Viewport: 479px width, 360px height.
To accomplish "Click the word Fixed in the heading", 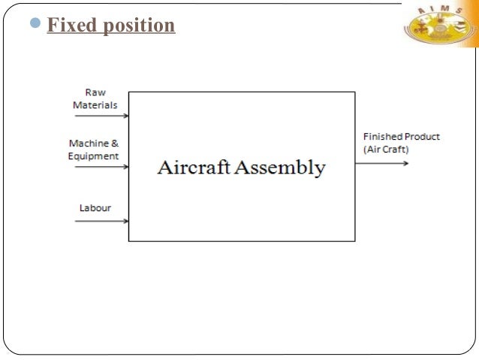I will (71, 26).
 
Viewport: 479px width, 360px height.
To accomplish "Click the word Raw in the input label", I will (95, 93).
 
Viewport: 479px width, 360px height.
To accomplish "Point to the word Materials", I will (95, 105).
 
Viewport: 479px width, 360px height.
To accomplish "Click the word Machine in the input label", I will (89, 143).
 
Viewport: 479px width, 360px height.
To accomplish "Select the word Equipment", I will (93, 156).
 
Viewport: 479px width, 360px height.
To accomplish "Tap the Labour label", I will (95, 207).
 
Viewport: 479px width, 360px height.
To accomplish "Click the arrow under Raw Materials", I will (101, 116).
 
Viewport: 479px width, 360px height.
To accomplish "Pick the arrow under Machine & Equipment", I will (101, 166).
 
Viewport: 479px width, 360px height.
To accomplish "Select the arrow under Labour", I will (101, 220).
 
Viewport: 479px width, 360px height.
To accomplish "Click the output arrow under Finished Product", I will (381, 162).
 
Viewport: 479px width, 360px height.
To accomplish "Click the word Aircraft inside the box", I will (193, 167).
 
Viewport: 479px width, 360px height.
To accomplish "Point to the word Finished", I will (381, 137).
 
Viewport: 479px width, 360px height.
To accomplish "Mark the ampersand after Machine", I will (115, 143).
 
